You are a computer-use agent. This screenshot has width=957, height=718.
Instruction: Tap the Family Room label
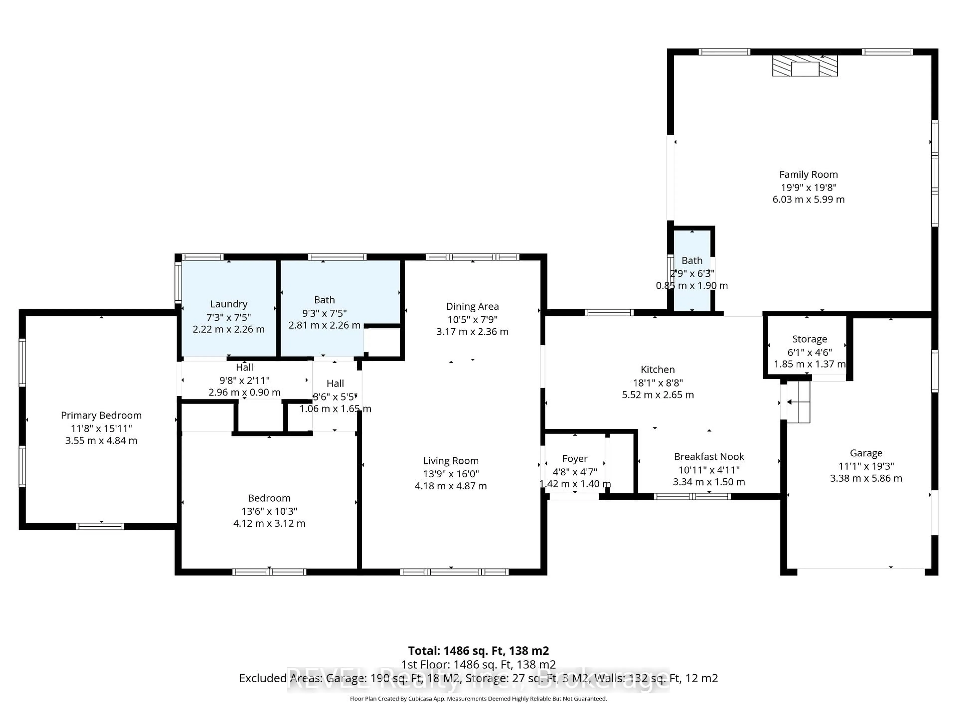click(x=808, y=175)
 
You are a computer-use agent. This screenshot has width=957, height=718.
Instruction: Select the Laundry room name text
click(x=229, y=304)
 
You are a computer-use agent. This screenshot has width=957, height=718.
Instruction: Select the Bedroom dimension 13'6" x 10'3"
click(x=269, y=511)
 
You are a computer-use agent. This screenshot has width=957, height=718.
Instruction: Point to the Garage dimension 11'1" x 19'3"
click(x=866, y=466)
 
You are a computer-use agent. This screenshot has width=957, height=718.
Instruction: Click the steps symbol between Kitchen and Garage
click(x=798, y=402)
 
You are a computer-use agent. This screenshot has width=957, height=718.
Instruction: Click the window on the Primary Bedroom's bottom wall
click(x=100, y=526)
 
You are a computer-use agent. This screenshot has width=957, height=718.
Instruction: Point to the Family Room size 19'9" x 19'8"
click(x=808, y=187)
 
